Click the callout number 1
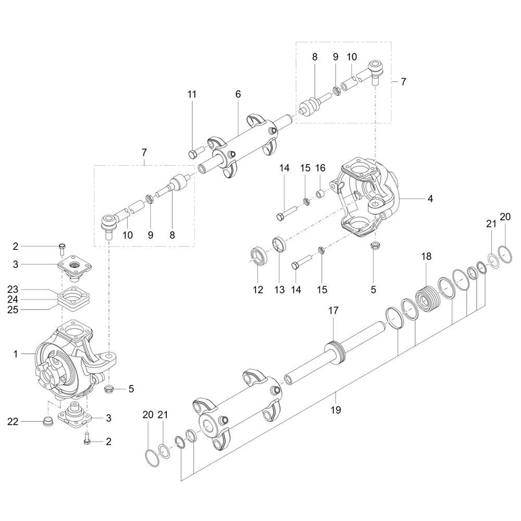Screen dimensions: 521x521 pyautogui.click(x=15, y=354)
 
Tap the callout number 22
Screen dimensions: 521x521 pyautogui.click(x=13, y=421)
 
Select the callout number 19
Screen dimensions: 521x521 pyautogui.click(x=336, y=410)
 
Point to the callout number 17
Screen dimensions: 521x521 pyautogui.click(x=333, y=311)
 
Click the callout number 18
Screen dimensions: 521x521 pyautogui.click(x=426, y=256)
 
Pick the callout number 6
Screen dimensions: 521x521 pyautogui.click(x=238, y=94)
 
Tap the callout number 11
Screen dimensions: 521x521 pyautogui.click(x=192, y=94)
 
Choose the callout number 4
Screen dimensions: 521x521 pyautogui.click(x=430, y=199)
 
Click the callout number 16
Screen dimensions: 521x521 pyautogui.click(x=320, y=168)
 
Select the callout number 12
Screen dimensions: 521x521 pyautogui.click(x=258, y=290)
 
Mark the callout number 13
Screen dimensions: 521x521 pyautogui.click(x=280, y=290)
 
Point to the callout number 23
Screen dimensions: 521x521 pyautogui.click(x=13, y=289)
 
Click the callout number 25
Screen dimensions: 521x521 pyautogui.click(x=13, y=309)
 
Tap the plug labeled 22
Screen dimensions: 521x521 pyautogui.click(x=48, y=422)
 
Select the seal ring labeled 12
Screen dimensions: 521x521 pyautogui.click(x=258, y=255)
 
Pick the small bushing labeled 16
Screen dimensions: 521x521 pyautogui.click(x=320, y=193)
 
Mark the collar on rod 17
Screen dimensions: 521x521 pyautogui.click(x=336, y=352)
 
